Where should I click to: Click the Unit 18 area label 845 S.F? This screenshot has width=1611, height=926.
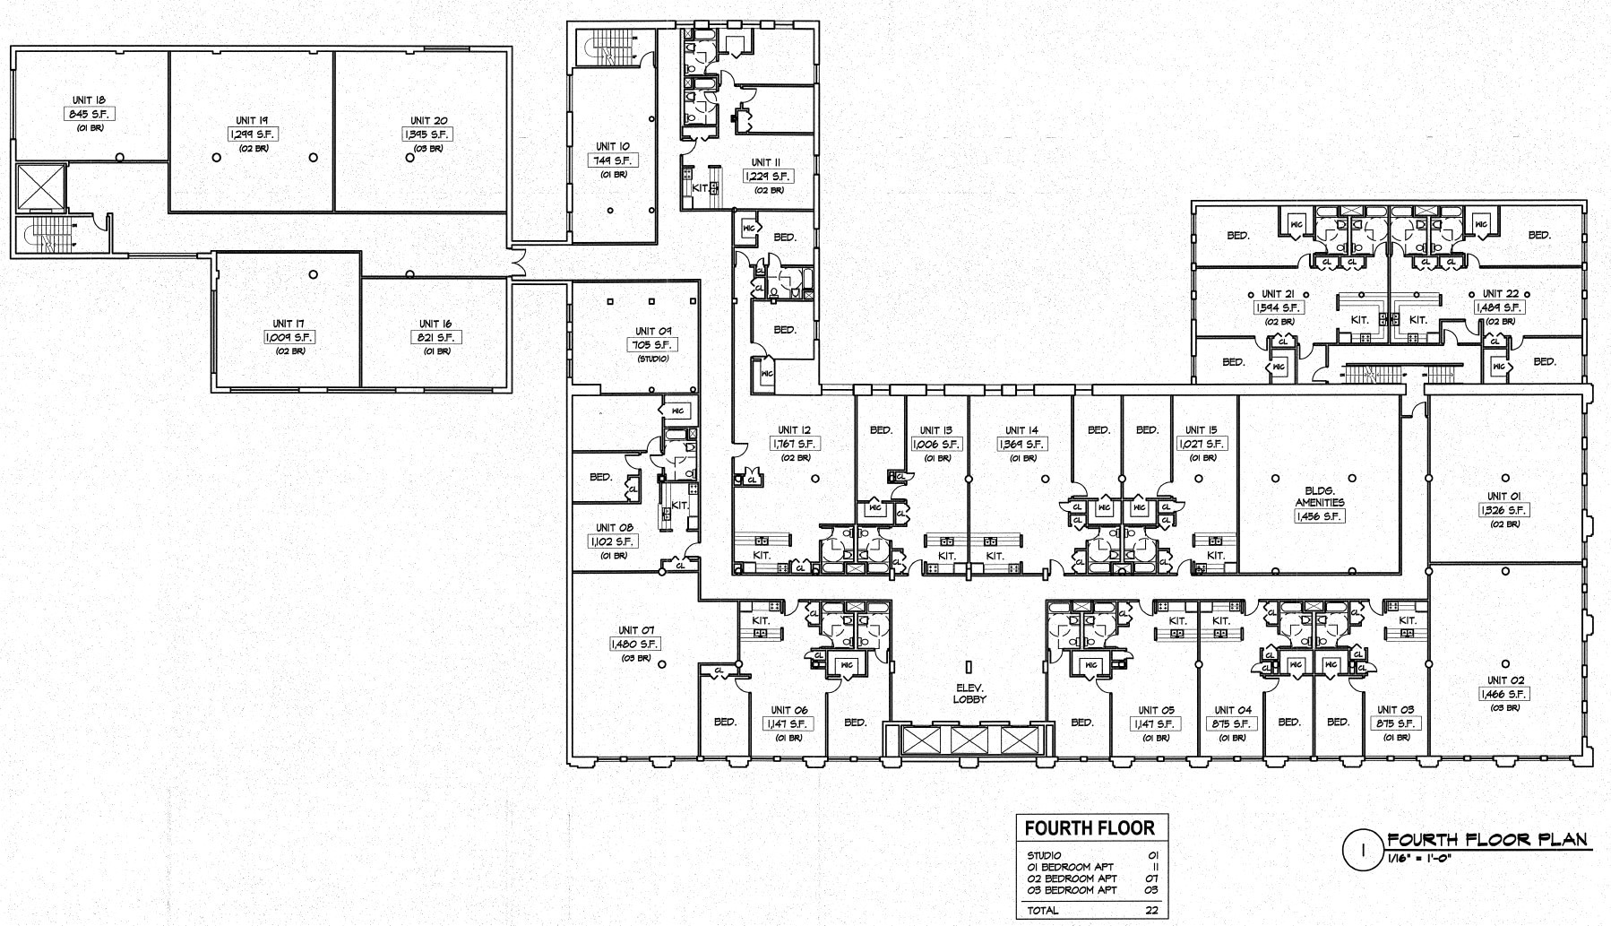pos(90,115)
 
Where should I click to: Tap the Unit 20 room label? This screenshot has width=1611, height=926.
pos(428,120)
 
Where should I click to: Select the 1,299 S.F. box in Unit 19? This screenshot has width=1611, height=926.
pos(252,134)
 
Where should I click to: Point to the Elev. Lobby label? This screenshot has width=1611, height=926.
pos(969,694)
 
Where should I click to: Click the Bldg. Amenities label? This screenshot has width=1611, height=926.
pos(1319,497)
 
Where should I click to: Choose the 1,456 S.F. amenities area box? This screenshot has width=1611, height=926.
pos(1319,516)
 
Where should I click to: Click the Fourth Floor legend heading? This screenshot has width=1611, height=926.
pos(1090,828)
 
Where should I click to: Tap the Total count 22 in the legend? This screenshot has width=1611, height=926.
pos(1151,911)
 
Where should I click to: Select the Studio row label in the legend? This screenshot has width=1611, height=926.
pos(1044,855)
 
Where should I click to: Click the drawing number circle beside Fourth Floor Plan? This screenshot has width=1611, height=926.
pos(1363,850)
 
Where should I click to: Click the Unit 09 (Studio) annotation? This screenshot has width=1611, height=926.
pos(652,359)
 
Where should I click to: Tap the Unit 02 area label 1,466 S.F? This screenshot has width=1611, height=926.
pos(1504,694)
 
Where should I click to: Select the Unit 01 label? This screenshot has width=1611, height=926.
pos(1503,496)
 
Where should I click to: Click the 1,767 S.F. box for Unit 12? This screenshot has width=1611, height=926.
pos(795,444)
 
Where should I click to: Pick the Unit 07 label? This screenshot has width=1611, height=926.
pos(635,630)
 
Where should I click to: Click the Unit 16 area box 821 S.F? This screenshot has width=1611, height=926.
pos(435,338)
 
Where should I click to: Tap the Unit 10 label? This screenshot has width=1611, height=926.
pos(613,146)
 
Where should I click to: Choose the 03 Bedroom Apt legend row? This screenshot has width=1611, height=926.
pos(1072,890)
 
